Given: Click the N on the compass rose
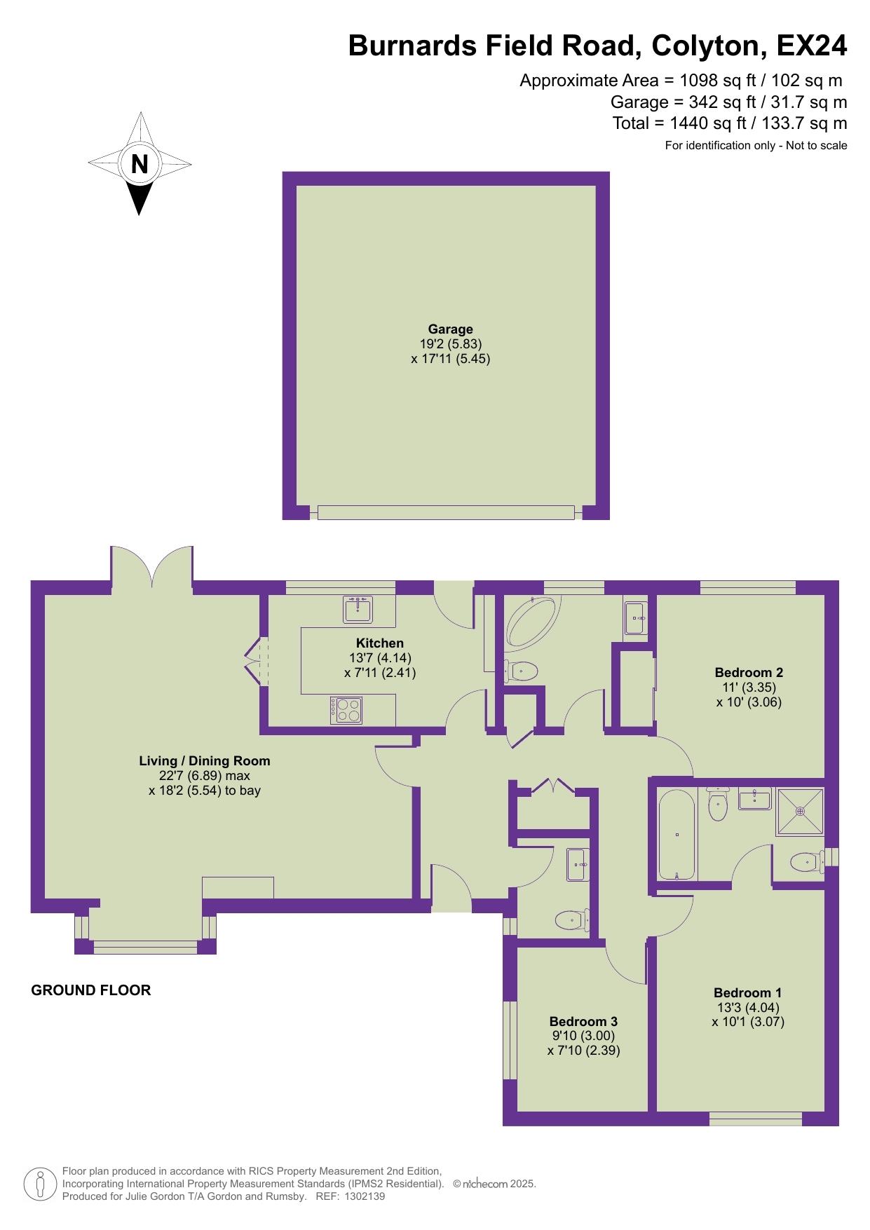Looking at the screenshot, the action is [x=140, y=164].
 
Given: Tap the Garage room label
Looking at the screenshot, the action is [x=451, y=329].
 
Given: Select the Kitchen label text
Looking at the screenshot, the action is [x=380, y=643].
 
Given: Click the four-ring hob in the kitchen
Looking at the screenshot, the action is [x=347, y=710].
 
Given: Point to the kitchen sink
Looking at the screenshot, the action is [x=358, y=610].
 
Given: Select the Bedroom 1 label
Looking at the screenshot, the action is [x=747, y=992].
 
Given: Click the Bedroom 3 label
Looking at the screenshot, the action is [x=583, y=1021].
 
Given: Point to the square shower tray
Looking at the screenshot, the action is [x=800, y=812].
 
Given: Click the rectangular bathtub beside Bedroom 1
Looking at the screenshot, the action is [x=677, y=834].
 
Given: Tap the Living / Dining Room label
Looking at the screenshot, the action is [x=205, y=760].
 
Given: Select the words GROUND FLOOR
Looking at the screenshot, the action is [x=91, y=990].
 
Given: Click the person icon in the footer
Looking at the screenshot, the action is [x=41, y=1185].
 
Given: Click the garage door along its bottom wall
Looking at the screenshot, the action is [x=446, y=513].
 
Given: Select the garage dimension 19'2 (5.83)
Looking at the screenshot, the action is [x=451, y=344].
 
